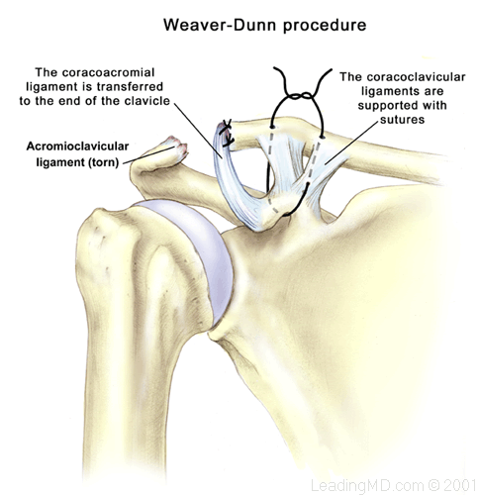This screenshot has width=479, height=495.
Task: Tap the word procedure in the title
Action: (325, 26)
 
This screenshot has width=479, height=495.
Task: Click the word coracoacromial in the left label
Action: (118, 72)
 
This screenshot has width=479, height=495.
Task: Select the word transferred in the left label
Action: (130, 86)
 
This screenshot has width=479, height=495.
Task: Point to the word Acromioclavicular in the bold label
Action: (77, 147)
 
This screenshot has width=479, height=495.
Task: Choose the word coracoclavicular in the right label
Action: (416, 77)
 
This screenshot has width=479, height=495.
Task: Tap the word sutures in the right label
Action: (402, 120)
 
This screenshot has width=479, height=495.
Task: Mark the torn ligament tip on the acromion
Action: (177, 148)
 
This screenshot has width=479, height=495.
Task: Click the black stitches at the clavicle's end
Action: (228, 133)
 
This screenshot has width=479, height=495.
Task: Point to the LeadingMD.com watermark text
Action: (367, 485)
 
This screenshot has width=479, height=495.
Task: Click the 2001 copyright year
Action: (458, 485)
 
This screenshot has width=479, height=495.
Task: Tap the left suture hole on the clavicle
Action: (272, 127)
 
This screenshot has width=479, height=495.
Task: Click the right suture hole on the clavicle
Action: (323, 137)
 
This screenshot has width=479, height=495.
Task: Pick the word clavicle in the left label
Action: (147, 101)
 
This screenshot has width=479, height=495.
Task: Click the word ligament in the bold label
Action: (60, 162)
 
